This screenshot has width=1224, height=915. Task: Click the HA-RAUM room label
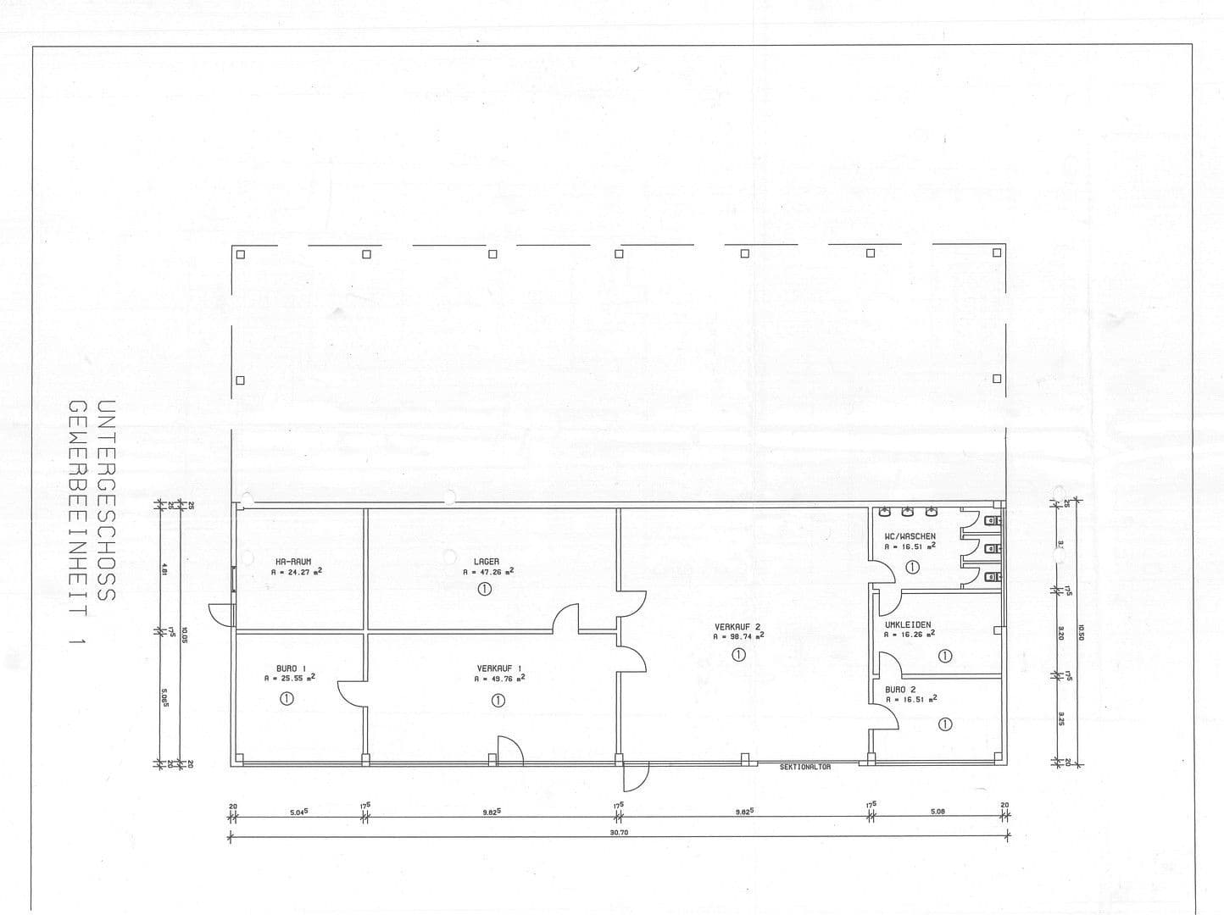[x=293, y=562]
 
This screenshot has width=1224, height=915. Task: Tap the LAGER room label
[x=487, y=562]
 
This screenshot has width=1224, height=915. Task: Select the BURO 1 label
[x=291, y=668]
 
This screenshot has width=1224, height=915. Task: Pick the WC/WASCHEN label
[x=910, y=536]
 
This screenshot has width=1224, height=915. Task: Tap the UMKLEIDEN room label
[x=908, y=624]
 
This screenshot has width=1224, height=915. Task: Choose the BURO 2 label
[x=900, y=690]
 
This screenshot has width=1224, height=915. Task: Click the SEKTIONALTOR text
[x=805, y=767]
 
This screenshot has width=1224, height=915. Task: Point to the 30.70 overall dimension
[x=618, y=832]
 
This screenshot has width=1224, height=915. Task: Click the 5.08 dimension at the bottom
[x=937, y=811]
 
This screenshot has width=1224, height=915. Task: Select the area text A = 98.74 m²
[x=738, y=636]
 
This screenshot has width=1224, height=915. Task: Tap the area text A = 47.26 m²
[x=488, y=572]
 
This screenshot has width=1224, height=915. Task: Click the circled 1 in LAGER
[x=485, y=589]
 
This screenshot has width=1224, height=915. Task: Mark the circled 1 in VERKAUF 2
[x=738, y=655]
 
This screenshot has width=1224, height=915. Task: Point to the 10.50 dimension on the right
[x=1080, y=633]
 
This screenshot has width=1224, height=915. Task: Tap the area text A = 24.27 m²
[x=296, y=572]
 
